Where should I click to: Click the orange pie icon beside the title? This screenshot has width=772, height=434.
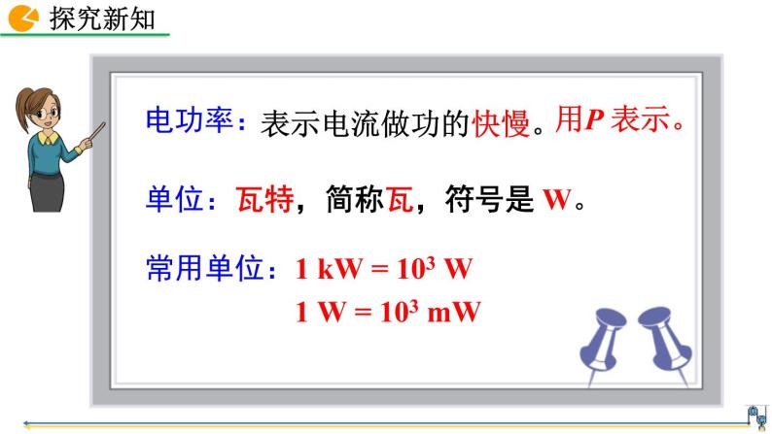[22, 18]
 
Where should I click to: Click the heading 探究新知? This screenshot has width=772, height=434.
[102, 19]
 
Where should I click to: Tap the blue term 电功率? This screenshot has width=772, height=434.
[189, 120]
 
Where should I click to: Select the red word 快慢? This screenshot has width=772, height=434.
[501, 123]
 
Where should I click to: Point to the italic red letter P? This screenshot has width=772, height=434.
[595, 119]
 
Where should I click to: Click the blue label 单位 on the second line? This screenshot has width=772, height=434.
[174, 199]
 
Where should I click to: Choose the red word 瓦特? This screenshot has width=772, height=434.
[264, 199]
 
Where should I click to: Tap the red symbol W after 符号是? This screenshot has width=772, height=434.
[557, 200]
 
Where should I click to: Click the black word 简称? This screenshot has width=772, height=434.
[355, 199]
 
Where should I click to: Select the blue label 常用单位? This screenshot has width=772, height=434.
[205, 268]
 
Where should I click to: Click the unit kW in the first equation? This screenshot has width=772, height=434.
[339, 269]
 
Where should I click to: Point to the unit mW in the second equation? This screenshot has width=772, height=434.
[454, 312]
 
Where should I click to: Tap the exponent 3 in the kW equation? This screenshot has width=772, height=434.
[431, 263]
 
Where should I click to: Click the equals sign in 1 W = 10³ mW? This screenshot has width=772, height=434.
[363, 313]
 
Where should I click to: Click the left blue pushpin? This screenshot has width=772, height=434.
[601, 345]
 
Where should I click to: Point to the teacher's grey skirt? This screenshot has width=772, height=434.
[48, 192]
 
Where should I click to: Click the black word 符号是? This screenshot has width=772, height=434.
[489, 199]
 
